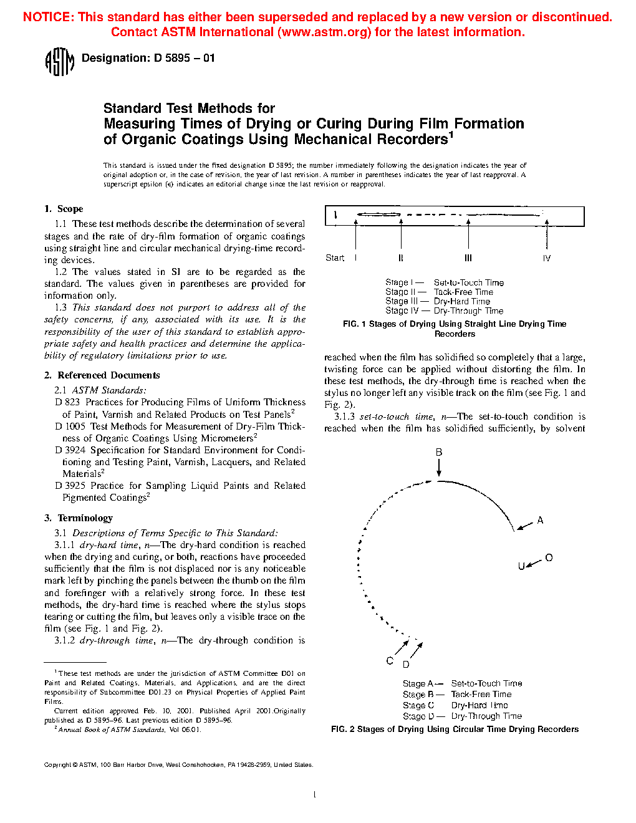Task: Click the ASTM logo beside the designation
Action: [59, 62]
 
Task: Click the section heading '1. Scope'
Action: [64, 209]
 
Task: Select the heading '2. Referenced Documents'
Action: [102, 375]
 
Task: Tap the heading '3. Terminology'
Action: [79, 518]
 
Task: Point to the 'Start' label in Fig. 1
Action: [335, 258]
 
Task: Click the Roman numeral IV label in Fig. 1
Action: [546, 258]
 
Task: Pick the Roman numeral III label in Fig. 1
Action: [468, 258]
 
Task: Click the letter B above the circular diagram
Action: [439, 452]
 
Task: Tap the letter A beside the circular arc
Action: [540, 520]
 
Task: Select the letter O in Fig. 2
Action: [549, 557]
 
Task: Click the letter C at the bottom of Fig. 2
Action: [390, 661]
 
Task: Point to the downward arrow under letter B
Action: [439, 468]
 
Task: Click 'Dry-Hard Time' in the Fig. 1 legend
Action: [462, 301]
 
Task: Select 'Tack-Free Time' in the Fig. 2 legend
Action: [481, 695]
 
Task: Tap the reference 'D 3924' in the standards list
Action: [70, 450]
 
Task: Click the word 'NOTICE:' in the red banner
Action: [49, 17]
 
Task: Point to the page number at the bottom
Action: [314, 794]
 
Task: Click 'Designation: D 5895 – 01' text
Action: [148, 58]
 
